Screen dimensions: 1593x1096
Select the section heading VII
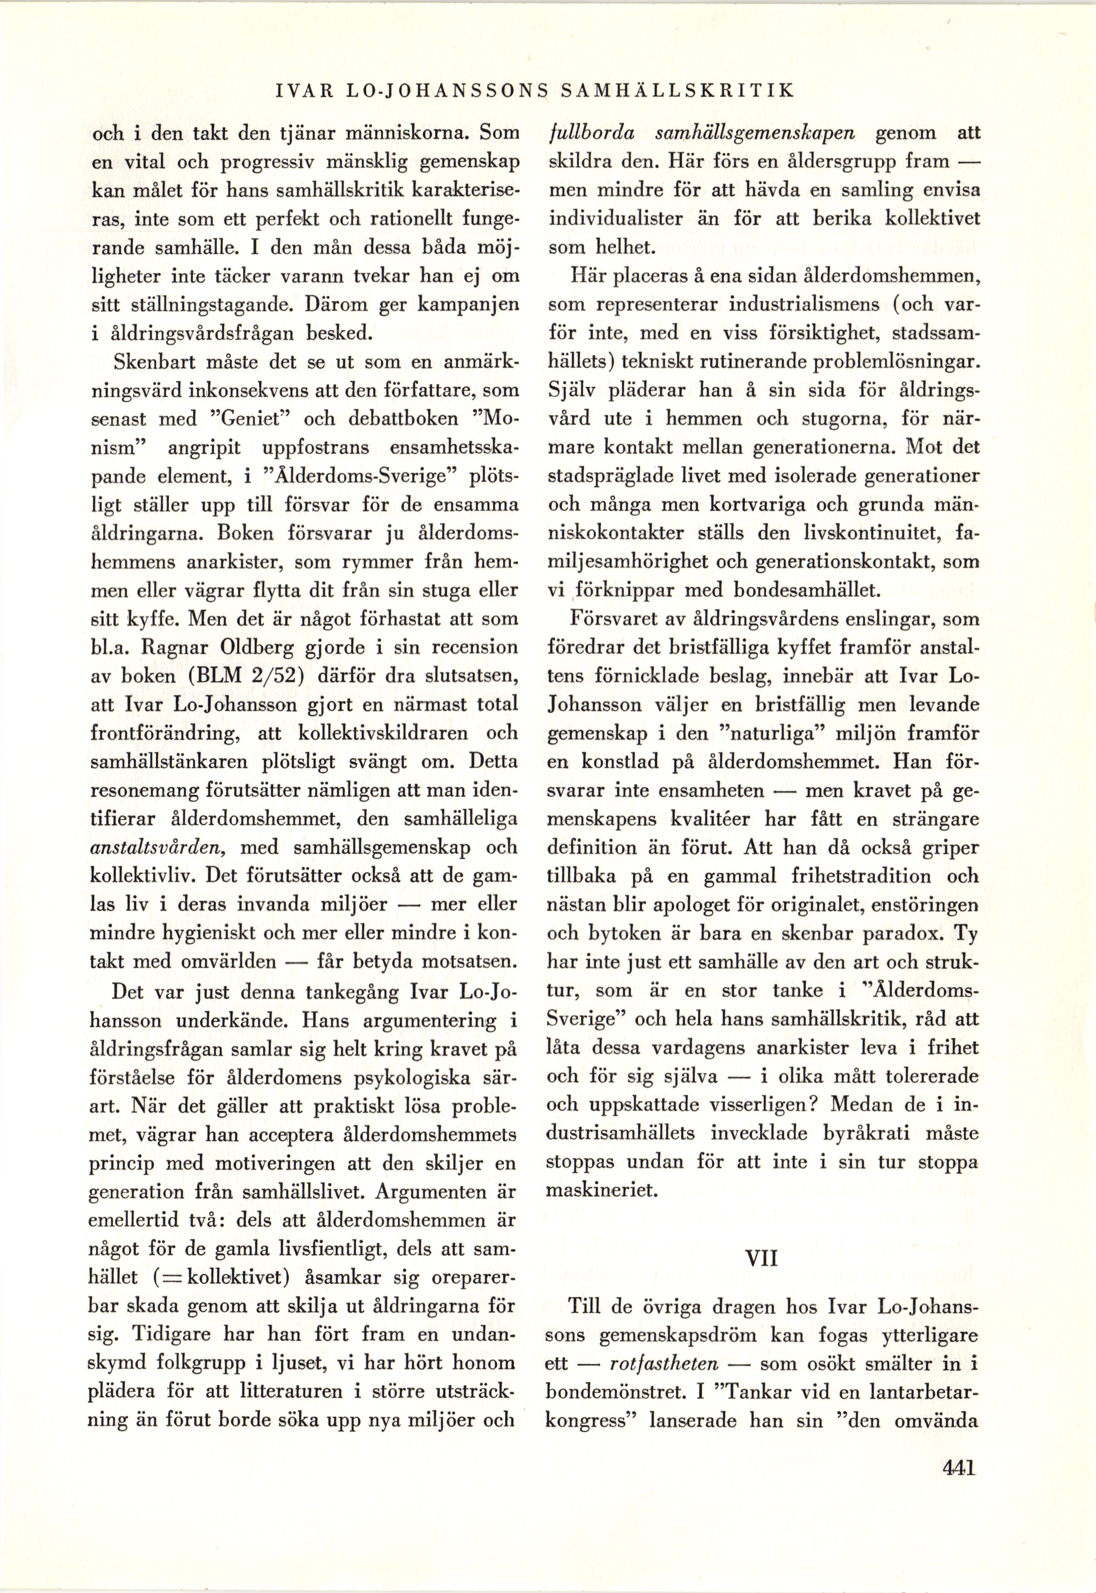pyautogui.click(x=761, y=1259)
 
